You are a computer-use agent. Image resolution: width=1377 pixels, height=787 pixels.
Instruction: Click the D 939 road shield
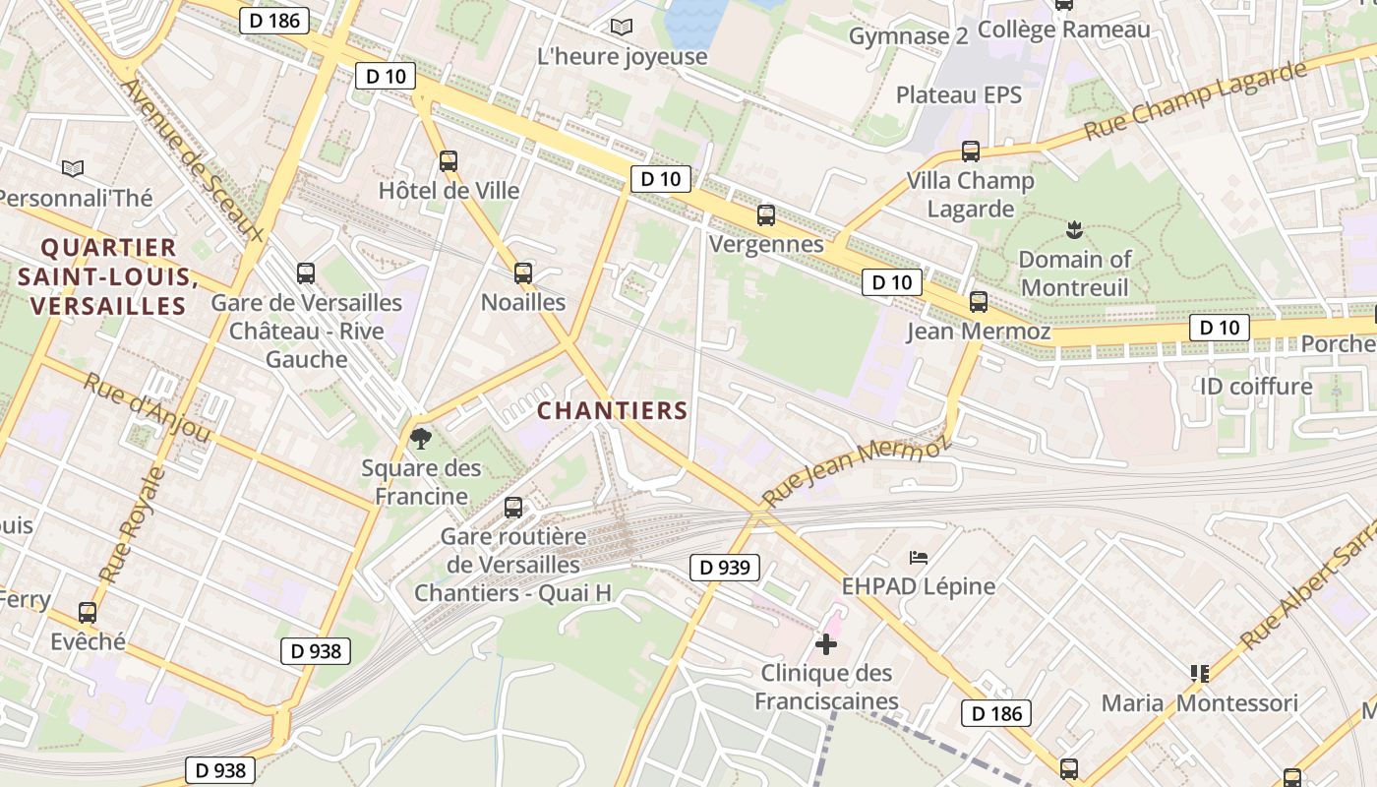[x=725, y=567]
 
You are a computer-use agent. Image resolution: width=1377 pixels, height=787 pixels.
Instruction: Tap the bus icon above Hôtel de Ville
[x=449, y=161]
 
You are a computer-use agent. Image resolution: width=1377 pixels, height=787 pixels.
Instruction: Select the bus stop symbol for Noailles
[x=523, y=273]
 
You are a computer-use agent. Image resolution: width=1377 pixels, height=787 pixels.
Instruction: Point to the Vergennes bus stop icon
[x=766, y=214]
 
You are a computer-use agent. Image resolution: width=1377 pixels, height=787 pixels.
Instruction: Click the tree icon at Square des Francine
[x=421, y=438]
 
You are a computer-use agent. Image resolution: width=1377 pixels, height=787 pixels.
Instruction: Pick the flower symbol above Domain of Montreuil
[x=1073, y=230]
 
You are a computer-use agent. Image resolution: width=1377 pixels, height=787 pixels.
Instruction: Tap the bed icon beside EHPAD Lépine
[x=918, y=558]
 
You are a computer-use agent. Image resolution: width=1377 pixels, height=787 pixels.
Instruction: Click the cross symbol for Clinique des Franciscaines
[x=826, y=644]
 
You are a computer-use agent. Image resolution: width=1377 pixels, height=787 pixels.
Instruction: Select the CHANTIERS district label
[x=613, y=410]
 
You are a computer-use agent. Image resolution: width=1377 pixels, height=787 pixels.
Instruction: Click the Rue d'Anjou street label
[x=148, y=407]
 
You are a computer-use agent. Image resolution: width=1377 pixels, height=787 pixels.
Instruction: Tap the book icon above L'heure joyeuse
[x=622, y=27]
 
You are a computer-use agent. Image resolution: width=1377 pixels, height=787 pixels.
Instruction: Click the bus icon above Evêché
[x=88, y=613]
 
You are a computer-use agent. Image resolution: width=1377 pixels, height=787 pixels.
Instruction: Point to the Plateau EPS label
[x=959, y=95]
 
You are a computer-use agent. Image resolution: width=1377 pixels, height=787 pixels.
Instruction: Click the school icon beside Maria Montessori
[x=1199, y=674]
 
